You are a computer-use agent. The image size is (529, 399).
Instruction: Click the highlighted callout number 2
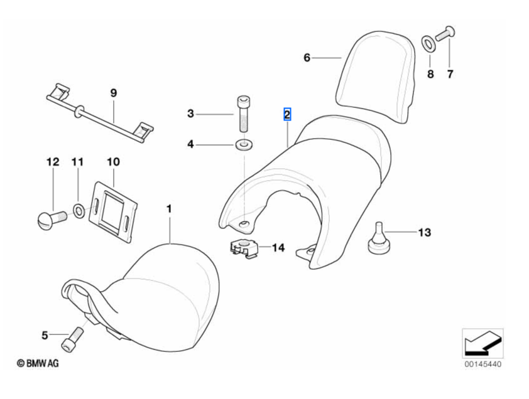287,114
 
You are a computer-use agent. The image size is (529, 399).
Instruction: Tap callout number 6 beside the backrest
307,58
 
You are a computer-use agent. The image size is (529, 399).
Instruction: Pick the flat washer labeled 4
243,146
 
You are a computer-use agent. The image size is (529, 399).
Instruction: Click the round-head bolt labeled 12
50,218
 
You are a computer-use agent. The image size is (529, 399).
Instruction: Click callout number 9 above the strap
114,93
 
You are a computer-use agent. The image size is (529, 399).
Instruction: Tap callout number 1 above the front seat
168,207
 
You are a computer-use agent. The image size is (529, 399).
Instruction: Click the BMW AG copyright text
37,363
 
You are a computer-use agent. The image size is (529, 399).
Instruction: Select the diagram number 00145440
483,363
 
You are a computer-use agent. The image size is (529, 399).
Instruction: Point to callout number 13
425,233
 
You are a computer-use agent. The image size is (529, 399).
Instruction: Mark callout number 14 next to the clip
278,248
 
